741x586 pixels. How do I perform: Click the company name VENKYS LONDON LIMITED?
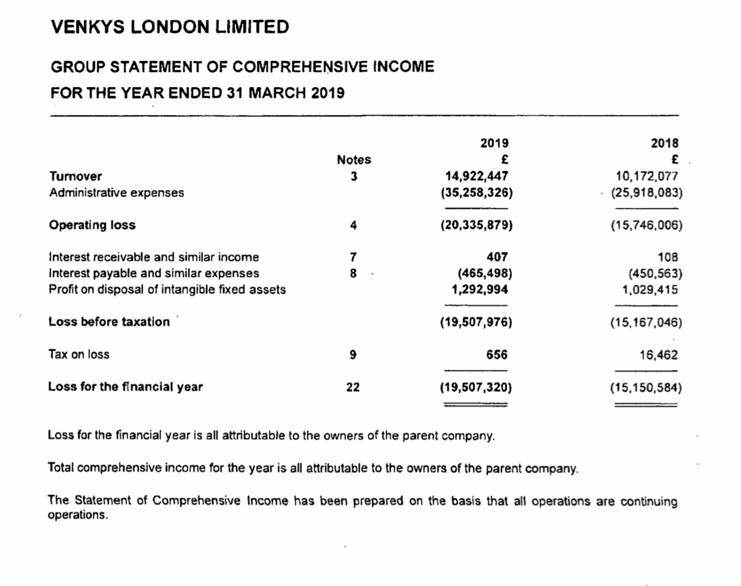click(170, 27)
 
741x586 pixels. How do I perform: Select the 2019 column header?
click(494, 143)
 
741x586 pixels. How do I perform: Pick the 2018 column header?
click(665, 143)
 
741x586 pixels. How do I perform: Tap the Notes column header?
click(354, 160)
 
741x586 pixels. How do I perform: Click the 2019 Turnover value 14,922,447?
click(477, 176)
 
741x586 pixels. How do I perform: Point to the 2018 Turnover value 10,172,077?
click(647, 176)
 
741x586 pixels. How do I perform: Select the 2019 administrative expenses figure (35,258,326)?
click(476, 193)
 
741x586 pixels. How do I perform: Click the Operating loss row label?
click(92, 225)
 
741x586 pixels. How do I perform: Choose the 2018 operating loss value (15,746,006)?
click(646, 225)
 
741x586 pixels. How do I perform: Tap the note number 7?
click(353, 258)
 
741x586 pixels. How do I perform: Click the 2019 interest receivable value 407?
click(497, 258)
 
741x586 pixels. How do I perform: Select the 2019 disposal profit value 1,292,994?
click(480, 290)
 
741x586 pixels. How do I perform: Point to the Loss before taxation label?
click(109, 322)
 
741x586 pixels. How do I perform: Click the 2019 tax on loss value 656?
click(496, 355)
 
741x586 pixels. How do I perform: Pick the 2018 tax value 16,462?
click(659, 355)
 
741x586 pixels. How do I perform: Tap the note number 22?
click(353, 387)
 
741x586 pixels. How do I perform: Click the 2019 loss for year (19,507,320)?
click(476, 387)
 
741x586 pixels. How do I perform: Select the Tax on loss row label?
click(79, 355)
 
